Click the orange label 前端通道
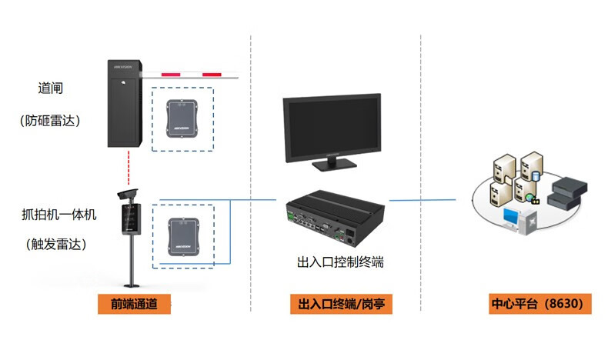(x=134, y=303)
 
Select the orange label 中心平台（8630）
(x=541, y=303)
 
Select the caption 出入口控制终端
(x=339, y=262)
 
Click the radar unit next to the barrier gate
(x=182, y=118)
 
